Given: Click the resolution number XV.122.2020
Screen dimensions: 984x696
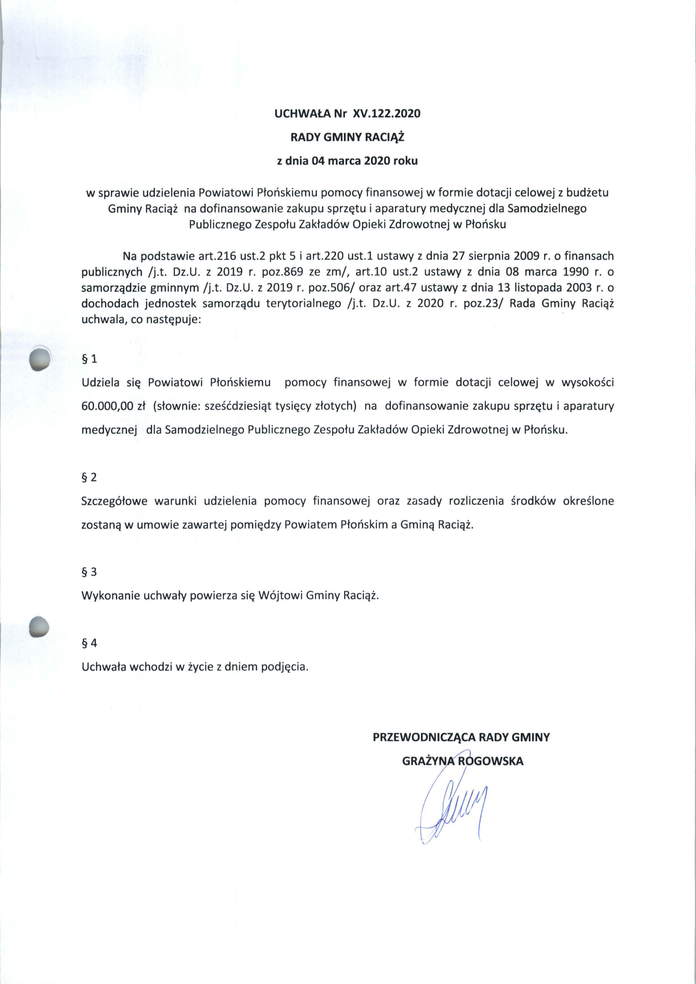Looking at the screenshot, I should tap(386, 114).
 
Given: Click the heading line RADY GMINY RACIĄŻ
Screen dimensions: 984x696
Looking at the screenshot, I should tap(347, 137).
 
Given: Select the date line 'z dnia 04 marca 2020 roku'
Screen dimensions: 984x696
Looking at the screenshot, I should tap(347, 161).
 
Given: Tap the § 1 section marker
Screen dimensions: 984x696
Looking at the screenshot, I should tap(89, 359).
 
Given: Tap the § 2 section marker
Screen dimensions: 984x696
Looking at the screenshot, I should tap(89, 477).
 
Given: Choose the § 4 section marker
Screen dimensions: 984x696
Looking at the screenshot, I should tap(89, 643).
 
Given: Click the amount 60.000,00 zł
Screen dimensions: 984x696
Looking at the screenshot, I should tap(114, 406).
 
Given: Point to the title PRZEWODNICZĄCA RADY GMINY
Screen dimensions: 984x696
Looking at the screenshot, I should tap(461, 737).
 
